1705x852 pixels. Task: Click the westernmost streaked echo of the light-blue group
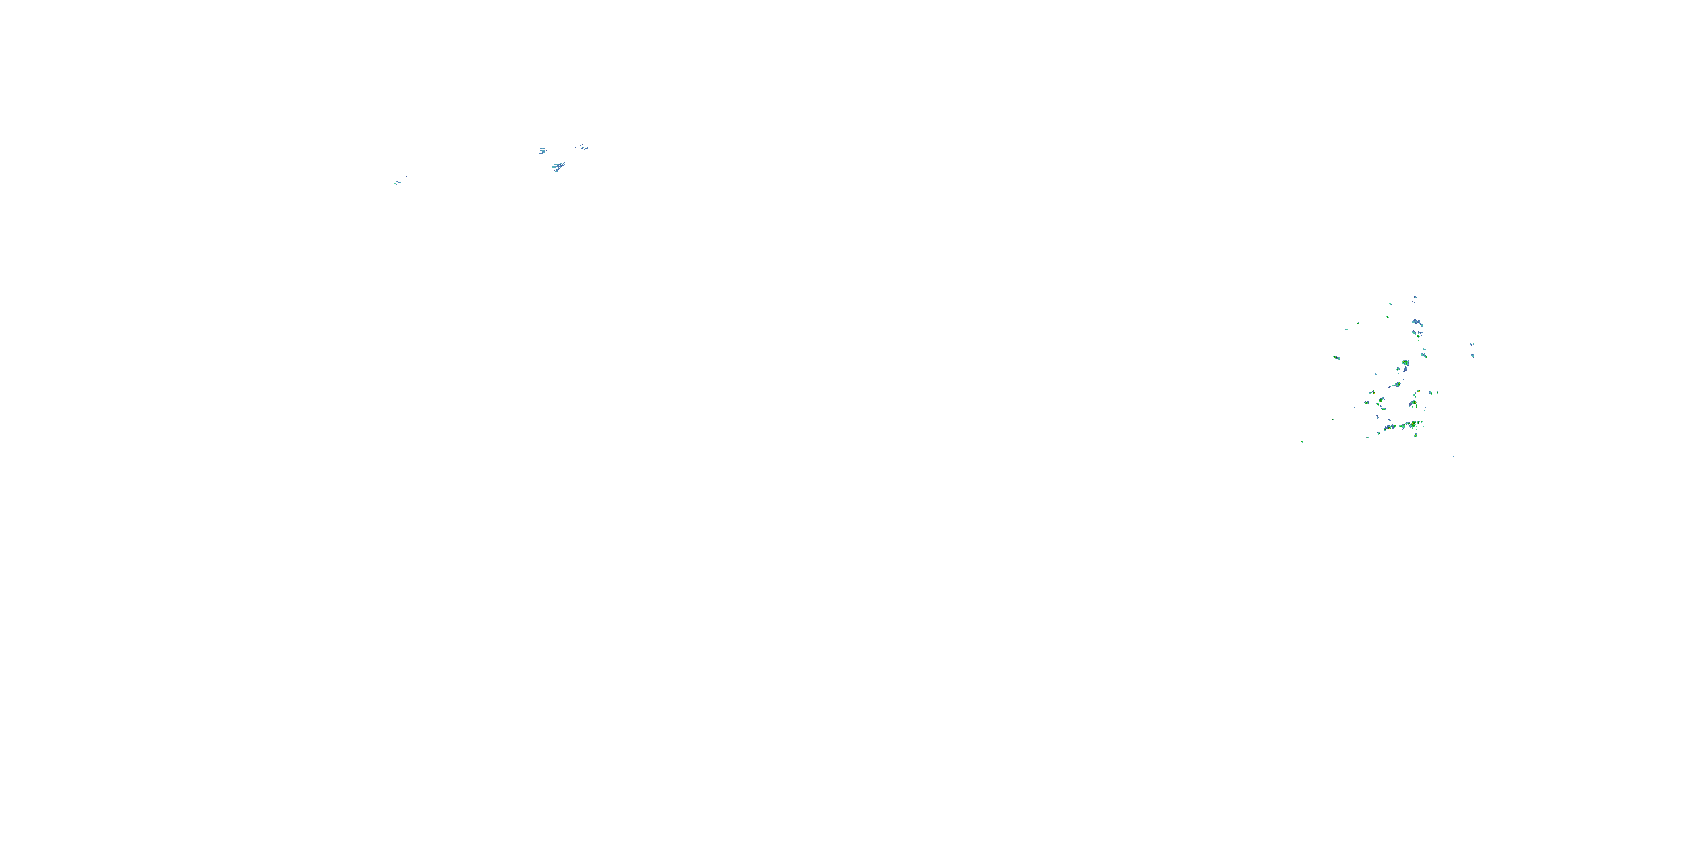pos(397,182)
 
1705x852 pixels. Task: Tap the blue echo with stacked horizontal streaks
pos(543,151)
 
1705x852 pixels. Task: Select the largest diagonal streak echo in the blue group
pos(559,166)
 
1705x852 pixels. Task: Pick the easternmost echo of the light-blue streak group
pos(583,147)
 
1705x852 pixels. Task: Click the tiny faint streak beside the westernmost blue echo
pos(407,177)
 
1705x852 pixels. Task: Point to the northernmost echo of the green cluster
pos(1415,297)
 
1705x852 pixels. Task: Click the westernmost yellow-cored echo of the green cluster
pos(1336,358)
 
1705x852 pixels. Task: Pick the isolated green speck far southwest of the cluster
pos(1302,442)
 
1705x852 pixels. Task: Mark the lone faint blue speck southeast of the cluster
pos(1453,456)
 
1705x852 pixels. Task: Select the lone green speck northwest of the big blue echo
pos(1358,323)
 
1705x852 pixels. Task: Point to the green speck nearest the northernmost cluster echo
pos(1389,304)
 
